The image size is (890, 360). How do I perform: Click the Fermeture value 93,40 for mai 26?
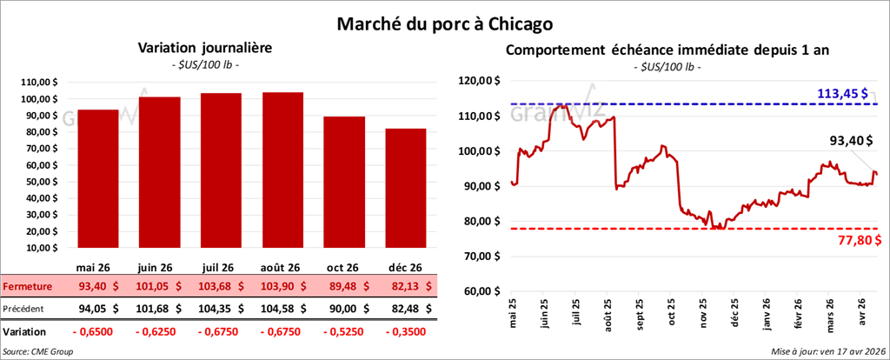pos(96,286)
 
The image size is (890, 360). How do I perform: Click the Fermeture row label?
pos(28,286)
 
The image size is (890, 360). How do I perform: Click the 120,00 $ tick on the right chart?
pos(481,81)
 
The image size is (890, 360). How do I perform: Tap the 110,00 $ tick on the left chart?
pos(38,82)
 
